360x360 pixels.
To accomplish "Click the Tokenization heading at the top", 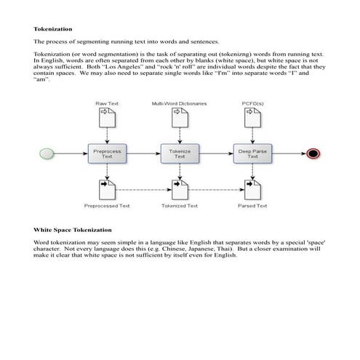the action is click(x=53, y=29).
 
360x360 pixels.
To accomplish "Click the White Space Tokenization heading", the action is click(x=71, y=229).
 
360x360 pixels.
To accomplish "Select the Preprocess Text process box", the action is click(x=107, y=153).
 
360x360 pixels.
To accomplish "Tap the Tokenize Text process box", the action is click(x=180, y=153).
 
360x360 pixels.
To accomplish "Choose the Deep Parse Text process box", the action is click(x=252, y=153).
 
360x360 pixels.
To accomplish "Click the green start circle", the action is click(x=48, y=153).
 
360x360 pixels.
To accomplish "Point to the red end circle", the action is click(x=313, y=153).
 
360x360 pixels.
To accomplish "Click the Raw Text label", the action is click(x=107, y=104).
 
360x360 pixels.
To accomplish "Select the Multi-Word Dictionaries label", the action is click(x=180, y=104).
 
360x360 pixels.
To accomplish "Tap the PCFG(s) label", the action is click(x=252, y=104).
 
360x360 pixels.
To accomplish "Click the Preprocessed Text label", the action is click(x=107, y=206).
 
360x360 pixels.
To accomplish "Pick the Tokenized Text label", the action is click(x=180, y=206).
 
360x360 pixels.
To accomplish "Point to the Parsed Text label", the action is click(x=252, y=206).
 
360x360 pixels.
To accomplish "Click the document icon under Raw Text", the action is click(x=107, y=118).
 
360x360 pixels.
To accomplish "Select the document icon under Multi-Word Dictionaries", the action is click(x=180, y=118).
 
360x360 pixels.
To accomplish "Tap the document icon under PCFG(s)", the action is click(x=252, y=118).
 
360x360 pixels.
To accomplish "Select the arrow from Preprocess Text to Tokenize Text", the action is click(x=143, y=153).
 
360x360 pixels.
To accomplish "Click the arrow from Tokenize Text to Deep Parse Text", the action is click(x=216, y=153).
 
